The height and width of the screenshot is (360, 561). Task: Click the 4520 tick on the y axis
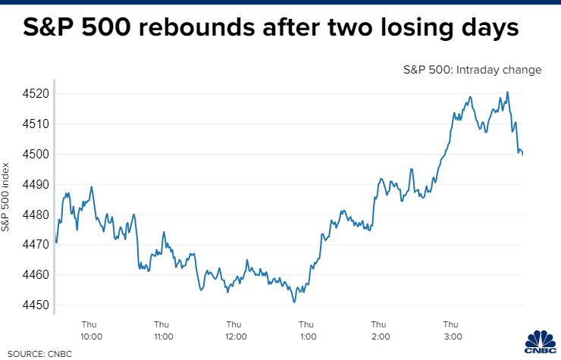[30, 94]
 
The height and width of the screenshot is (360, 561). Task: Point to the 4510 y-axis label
[30, 124]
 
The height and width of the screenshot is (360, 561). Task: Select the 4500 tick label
[30, 154]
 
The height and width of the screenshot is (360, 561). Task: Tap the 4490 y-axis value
[30, 184]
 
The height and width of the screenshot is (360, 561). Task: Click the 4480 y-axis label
[30, 214]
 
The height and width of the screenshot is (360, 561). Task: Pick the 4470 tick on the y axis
[30, 245]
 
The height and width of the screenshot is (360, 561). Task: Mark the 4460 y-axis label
[30, 275]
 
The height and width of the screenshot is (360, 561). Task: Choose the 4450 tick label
[30, 305]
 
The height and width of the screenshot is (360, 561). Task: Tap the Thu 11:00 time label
[163, 330]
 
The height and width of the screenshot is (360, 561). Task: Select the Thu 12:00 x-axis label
[235, 330]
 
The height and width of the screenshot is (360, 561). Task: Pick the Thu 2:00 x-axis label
[380, 330]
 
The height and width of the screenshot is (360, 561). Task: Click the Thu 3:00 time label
[453, 330]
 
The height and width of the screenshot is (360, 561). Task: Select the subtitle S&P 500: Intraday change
[472, 70]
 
